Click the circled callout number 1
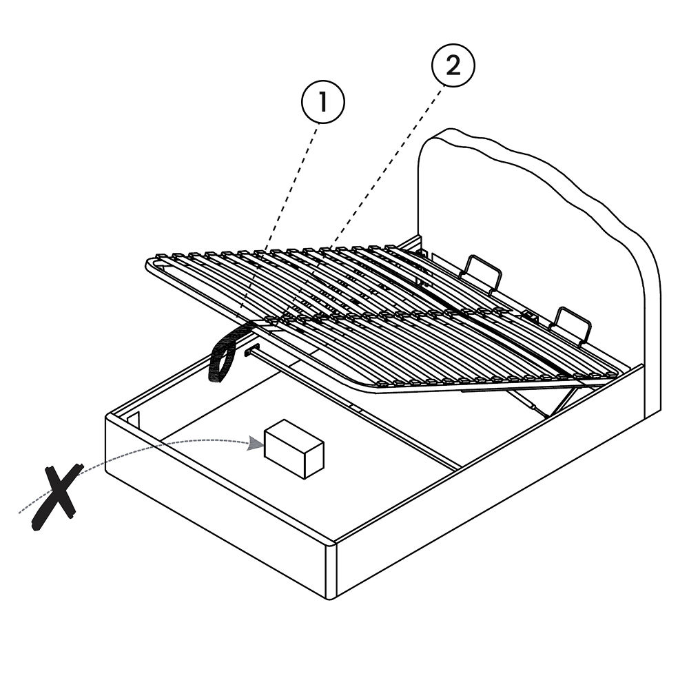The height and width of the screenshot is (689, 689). pos(323,103)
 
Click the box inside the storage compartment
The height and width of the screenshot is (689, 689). pos(294,449)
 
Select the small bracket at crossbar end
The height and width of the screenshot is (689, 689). pos(248,351)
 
